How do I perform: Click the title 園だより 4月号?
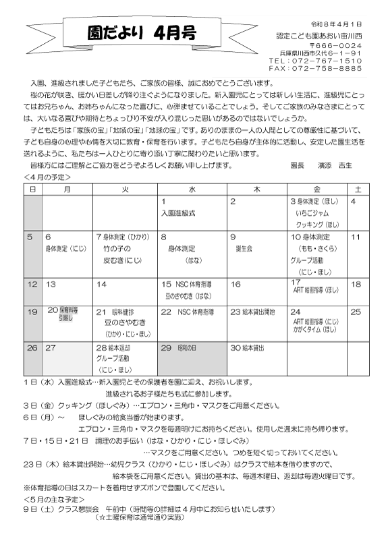click(136, 34)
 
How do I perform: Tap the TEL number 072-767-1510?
click(318, 60)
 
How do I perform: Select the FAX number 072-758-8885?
click(318, 68)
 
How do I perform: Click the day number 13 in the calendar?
click(51, 285)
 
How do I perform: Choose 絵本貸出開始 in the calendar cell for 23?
click(257, 312)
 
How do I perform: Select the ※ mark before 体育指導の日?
click(27, 487)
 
